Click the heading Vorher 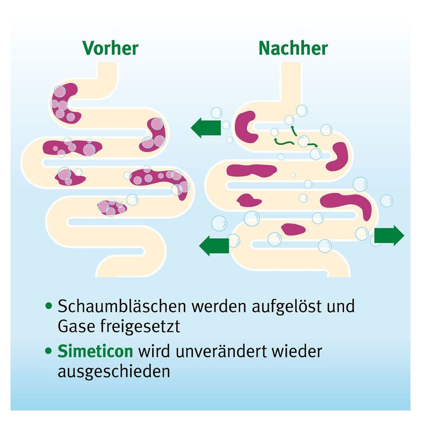[x=110, y=48]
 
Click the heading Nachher [x=293, y=48]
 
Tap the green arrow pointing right [x=389, y=236]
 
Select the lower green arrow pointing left [x=214, y=246]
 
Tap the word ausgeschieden [x=113, y=372]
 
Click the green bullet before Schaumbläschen [x=49, y=305]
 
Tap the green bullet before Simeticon [x=49, y=351]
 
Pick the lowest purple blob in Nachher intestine [x=293, y=230]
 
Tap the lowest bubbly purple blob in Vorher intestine [x=111, y=207]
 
